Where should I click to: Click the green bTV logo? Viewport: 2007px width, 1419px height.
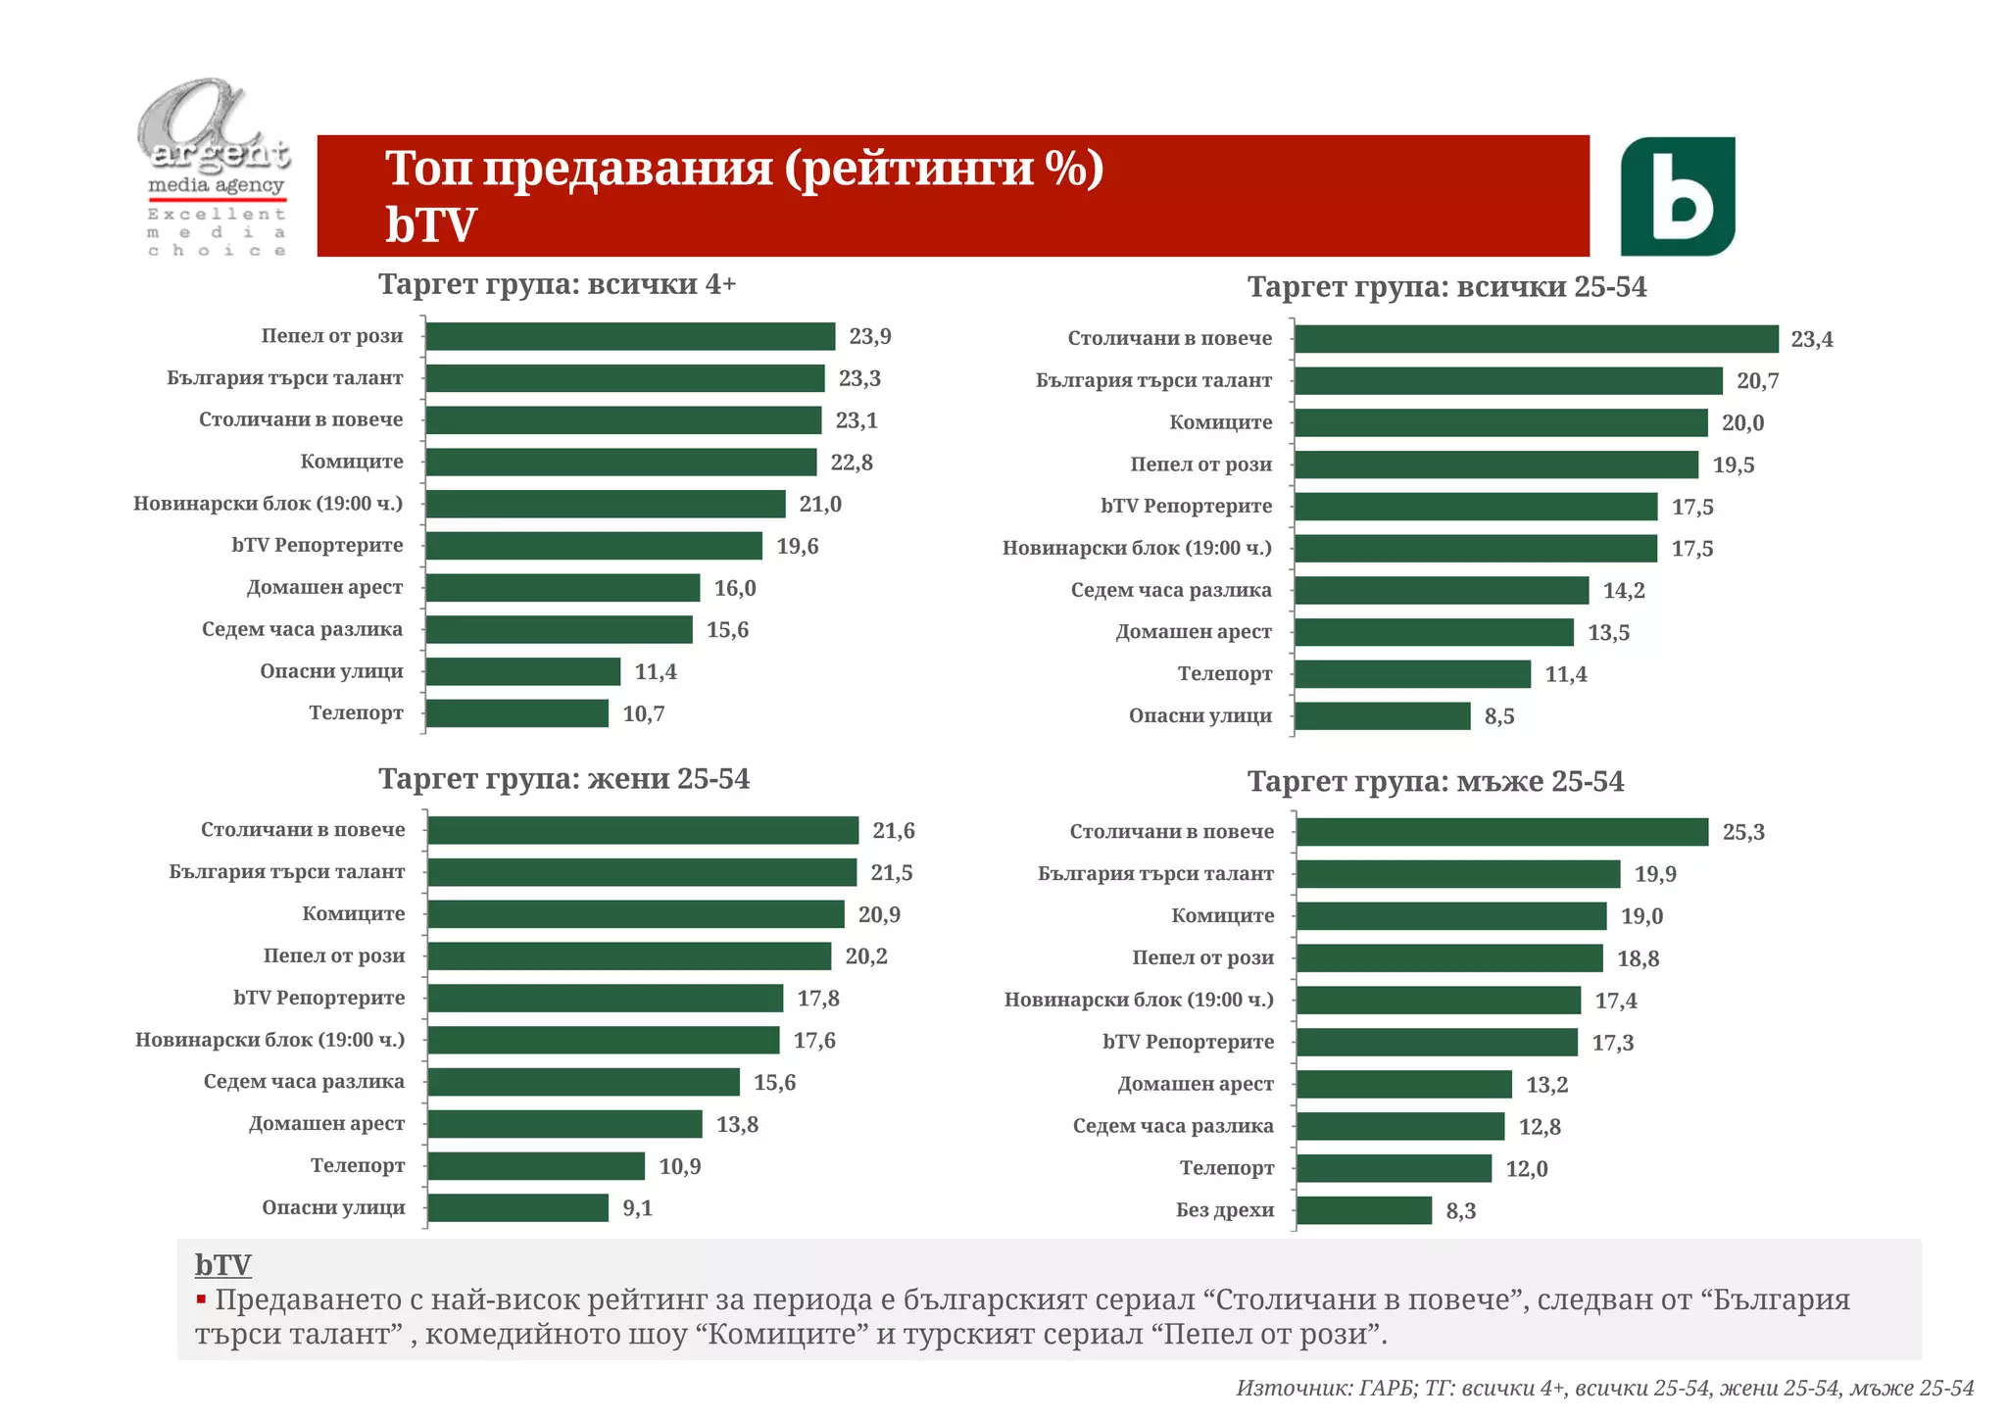point(1677,196)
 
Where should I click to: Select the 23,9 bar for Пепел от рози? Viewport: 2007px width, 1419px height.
point(629,336)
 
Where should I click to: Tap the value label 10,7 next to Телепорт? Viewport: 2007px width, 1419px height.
point(643,714)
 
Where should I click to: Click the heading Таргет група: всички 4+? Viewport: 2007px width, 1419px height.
point(557,284)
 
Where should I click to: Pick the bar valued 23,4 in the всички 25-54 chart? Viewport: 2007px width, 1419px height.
point(1535,339)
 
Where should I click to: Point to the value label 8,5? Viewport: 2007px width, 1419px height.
point(1498,717)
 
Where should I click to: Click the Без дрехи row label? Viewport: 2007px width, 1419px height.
point(1224,1210)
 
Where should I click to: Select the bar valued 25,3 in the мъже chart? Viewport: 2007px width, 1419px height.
point(1501,832)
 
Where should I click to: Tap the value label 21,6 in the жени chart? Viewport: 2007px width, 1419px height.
point(893,831)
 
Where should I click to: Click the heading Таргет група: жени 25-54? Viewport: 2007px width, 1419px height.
point(563,779)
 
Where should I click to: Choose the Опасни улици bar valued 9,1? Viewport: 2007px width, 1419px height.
point(517,1208)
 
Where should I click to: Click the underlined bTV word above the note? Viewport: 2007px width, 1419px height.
point(222,1265)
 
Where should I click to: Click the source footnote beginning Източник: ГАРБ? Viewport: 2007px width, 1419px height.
point(1604,1388)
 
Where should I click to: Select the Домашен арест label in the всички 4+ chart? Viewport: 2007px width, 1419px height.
point(324,588)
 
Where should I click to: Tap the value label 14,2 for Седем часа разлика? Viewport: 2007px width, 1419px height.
point(1623,591)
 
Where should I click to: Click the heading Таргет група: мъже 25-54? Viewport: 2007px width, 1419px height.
point(1435,782)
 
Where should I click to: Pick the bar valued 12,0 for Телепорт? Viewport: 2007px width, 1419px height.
point(1393,1168)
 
